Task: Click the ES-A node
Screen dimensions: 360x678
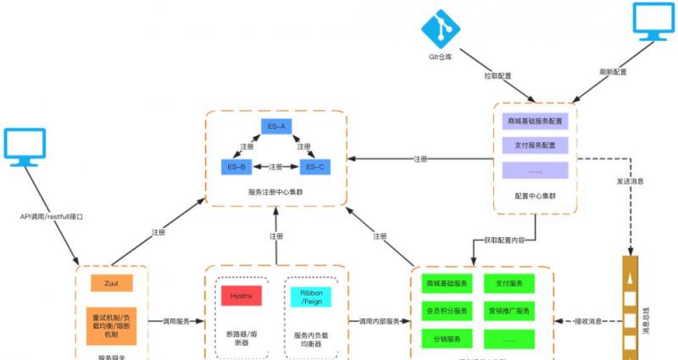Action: click(276, 127)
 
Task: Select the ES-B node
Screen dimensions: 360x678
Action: click(237, 167)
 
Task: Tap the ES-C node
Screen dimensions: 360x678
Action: click(315, 167)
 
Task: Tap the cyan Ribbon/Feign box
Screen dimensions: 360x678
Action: click(310, 296)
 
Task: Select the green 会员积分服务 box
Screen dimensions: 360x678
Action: click(447, 311)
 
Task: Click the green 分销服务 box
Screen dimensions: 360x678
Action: click(447, 339)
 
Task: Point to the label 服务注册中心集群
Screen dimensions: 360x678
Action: click(276, 193)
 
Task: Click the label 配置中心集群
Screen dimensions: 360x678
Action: click(536, 197)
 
